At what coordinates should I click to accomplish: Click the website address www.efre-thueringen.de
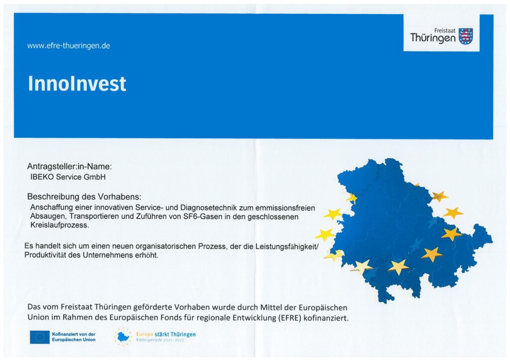click(69, 45)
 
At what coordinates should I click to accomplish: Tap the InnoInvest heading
click(77, 84)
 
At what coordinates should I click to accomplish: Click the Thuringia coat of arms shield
click(466, 36)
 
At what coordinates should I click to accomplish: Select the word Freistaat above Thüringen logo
click(445, 30)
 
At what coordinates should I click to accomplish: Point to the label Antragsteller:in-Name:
click(70, 166)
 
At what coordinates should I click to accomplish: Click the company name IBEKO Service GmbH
click(68, 177)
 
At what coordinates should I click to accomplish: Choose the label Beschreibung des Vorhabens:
click(84, 196)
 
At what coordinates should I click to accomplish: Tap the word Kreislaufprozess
click(60, 225)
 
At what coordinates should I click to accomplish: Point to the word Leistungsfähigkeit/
click(287, 246)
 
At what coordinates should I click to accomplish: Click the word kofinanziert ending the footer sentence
click(326, 318)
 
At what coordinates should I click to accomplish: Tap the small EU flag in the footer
click(40, 337)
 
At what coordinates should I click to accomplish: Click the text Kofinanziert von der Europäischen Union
click(74, 337)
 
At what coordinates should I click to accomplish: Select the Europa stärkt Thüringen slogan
click(166, 334)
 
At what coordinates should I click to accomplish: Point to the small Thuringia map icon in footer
click(123, 337)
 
